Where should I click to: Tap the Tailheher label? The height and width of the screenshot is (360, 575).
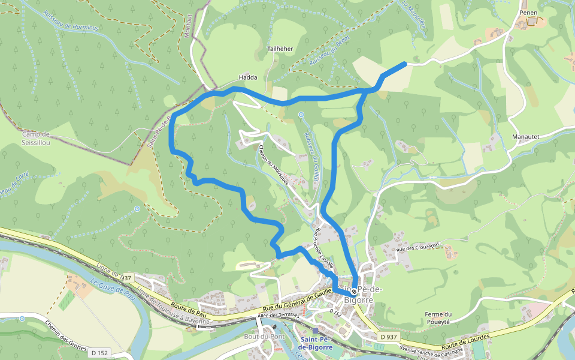(x=280, y=49)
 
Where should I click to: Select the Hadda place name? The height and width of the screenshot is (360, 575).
(x=248, y=77)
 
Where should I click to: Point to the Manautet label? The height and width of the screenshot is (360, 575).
(x=525, y=137)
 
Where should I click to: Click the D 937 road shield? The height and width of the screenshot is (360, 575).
(x=388, y=337)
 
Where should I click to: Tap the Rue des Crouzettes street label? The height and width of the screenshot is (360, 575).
(x=417, y=246)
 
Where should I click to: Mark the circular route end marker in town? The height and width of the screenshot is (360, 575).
(x=354, y=292)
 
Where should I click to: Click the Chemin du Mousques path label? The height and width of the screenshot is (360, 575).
(x=274, y=164)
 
